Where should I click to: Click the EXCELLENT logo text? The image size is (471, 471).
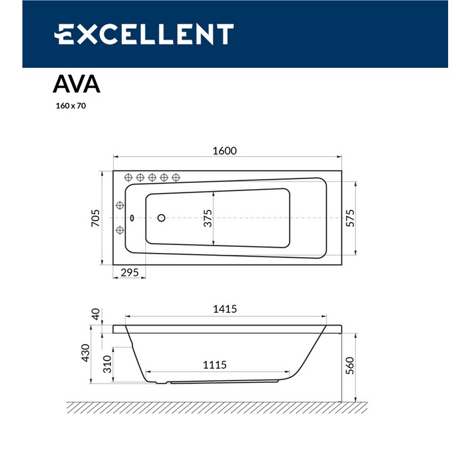(143, 34)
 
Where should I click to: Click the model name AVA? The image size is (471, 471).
(77, 84)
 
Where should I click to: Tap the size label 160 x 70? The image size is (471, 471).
(71, 106)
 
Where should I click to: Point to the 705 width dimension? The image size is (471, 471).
(95, 217)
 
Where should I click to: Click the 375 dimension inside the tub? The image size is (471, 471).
(208, 217)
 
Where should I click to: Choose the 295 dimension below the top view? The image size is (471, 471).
(129, 272)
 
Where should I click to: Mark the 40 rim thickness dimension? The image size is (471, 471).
(96, 314)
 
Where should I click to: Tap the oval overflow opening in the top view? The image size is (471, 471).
(132, 217)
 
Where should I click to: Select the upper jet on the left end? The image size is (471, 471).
(120, 205)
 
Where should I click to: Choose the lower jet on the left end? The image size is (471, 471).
(120, 230)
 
